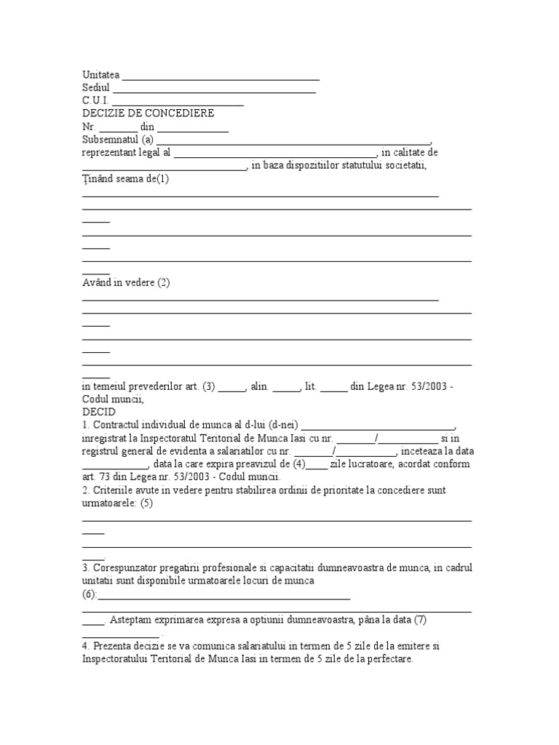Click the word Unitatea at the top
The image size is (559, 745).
[x=100, y=75]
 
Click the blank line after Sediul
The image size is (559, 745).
[x=213, y=88]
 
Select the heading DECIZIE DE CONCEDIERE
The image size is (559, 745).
[x=148, y=113]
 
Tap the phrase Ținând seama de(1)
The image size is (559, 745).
[x=125, y=179]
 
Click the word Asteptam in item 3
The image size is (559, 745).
[x=135, y=620]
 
